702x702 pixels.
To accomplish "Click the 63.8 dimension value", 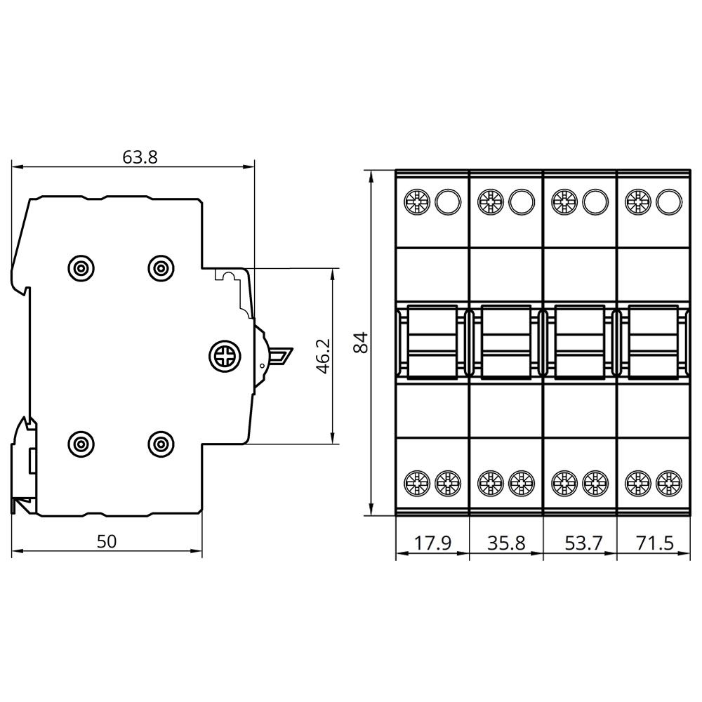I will click(140, 157).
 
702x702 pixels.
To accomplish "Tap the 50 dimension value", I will click(107, 541).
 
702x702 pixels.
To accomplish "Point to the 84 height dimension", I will click(360, 342).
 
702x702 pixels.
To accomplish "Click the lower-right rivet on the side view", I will click(161, 443).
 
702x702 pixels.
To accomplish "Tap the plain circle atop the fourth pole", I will click(668, 202).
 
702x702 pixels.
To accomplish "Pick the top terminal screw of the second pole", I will click(489, 202).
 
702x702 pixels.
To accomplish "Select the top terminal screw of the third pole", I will click(563, 202).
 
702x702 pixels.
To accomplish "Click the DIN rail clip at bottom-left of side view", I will click(25, 463).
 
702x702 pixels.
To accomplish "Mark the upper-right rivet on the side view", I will click(161, 267).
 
